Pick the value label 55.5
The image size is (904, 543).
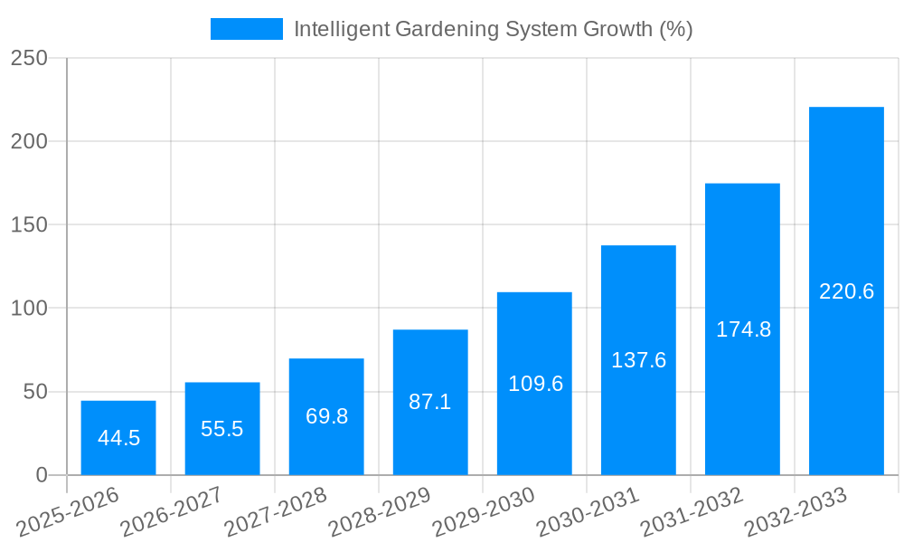click(x=222, y=429)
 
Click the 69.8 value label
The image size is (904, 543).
click(x=326, y=417)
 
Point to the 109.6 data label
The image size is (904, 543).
click(x=534, y=384)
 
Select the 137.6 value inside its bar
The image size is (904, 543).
click(x=638, y=360)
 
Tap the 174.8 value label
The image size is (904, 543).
click(x=743, y=329)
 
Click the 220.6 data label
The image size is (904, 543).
click(x=846, y=291)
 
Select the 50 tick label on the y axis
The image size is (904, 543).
click(x=35, y=392)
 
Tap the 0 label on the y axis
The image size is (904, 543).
click(x=42, y=475)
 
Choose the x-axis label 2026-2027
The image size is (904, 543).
click(x=172, y=511)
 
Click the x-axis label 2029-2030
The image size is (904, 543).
click(x=485, y=511)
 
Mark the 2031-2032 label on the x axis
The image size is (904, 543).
click(x=692, y=511)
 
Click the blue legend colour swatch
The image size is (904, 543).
click(x=246, y=29)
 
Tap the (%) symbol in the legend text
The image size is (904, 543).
click(x=675, y=29)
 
